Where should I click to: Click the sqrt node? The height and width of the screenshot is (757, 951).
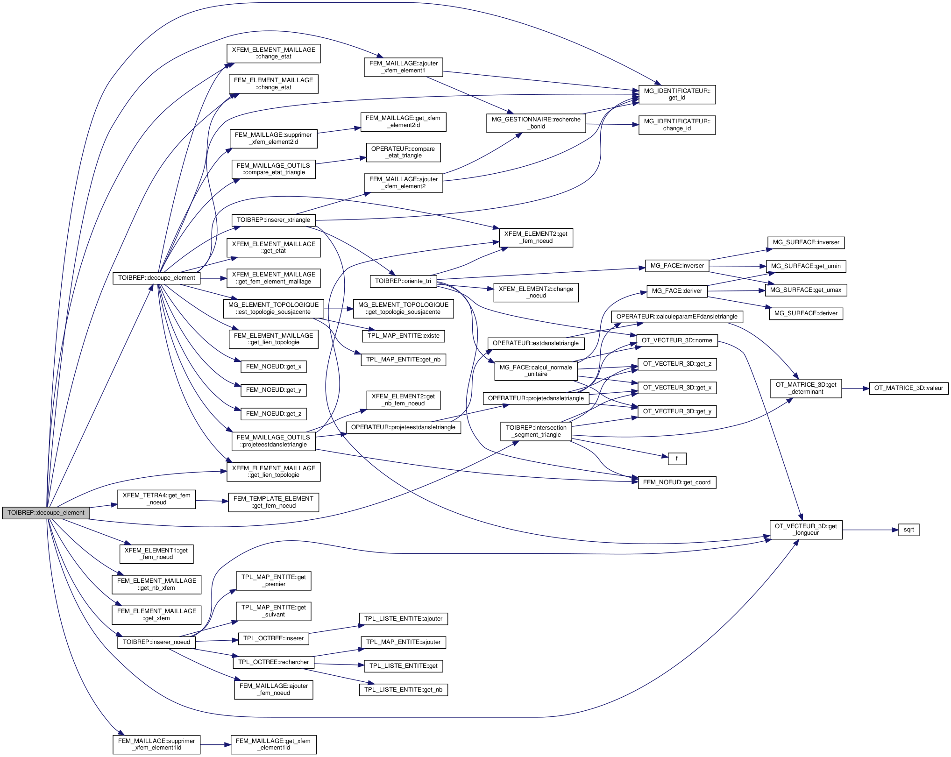[908, 530]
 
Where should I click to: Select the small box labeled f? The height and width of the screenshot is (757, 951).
[677, 459]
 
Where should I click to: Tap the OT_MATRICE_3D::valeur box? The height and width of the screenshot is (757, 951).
[908, 388]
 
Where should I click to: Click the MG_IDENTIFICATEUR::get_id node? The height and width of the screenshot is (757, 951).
[677, 94]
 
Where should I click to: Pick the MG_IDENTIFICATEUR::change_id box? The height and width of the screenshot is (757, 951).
[677, 125]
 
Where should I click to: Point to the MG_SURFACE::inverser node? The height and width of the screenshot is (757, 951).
[806, 242]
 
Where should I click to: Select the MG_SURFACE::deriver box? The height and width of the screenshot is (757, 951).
[806, 313]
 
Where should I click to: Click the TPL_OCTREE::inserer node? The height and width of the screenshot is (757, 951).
[273, 638]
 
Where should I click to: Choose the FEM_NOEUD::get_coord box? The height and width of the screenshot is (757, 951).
[677, 482]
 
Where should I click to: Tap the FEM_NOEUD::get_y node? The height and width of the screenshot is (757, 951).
[273, 390]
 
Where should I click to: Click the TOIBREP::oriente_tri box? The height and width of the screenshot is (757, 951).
[403, 281]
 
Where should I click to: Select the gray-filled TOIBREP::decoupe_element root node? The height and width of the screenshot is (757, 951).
[46, 513]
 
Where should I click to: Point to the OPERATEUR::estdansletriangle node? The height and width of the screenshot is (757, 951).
[536, 343]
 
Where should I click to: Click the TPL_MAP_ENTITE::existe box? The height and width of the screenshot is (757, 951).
[403, 336]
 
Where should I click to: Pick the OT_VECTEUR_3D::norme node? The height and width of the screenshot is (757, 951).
[677, 340]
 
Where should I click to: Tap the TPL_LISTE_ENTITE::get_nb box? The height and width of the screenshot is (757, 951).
[403, 690]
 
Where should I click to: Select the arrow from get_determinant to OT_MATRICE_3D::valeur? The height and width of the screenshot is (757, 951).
[855, 389]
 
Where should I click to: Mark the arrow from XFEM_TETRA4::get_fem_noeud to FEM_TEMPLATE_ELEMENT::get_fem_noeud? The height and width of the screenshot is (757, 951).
[212, 501]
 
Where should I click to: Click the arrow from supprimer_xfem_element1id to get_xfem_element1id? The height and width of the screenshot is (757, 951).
[215, 745]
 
